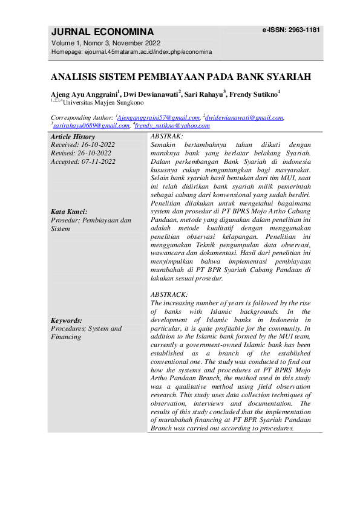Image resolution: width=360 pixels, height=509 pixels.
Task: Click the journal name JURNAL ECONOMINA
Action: [103, 32]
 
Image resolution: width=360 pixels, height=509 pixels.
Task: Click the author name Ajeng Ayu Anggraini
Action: [84, 95]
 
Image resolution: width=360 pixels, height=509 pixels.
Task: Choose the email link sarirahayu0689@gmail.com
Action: [91, 126]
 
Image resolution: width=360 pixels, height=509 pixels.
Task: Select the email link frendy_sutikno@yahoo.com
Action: [172, 126]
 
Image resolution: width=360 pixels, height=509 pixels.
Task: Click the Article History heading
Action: [73, 137]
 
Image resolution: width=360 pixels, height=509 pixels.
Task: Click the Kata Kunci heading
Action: [69, 212]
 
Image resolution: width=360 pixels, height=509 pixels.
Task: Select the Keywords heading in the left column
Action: [67, 320]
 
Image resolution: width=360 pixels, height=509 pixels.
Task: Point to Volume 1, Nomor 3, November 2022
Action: [106, 43]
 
